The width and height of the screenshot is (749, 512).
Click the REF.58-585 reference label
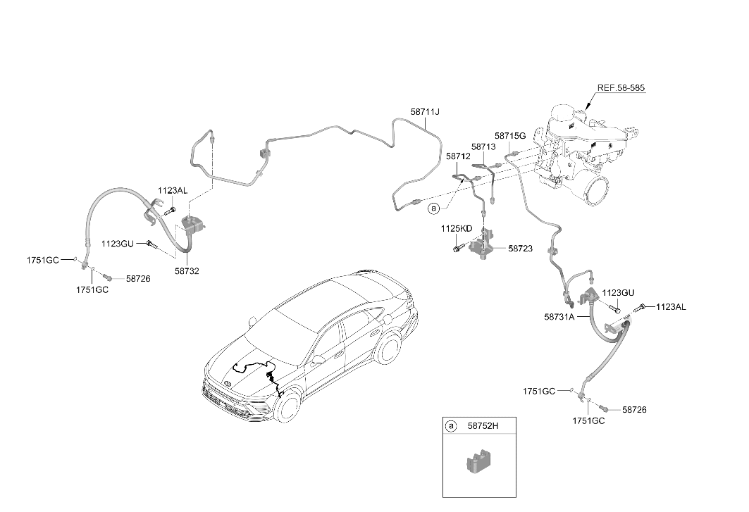[621, 88]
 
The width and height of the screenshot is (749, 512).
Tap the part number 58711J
[425, 112]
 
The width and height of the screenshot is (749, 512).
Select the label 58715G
[510, 136]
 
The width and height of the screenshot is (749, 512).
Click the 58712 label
[458, 156]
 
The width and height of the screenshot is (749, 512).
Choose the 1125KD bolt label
[456, 229]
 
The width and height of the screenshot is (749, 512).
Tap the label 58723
[520, 249]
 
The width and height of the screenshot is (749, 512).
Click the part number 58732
[187, 271]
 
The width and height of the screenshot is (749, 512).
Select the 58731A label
[559, 316]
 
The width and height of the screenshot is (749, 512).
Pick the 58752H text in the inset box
[483, 425]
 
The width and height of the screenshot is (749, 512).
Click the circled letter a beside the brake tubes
[433, 208]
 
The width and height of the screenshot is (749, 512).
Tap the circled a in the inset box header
[450, 426]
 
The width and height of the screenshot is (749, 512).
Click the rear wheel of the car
[388, 348]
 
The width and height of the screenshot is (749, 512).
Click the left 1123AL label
[173, 191]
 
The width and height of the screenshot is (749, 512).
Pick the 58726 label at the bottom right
[634, 410]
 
